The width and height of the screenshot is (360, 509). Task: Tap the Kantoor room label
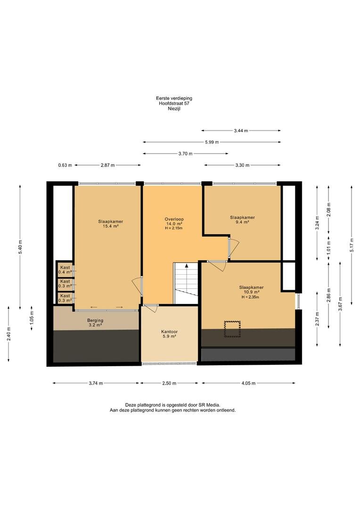pyautogui.click(x=169, y=334)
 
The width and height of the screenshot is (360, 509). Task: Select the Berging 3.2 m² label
pyautogui.click(x=96, y=322)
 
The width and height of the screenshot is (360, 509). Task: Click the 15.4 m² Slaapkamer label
pyautogui.click(x=110, y=224)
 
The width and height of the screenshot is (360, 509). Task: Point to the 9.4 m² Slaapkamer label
pyautogui.click(x=242, y=220)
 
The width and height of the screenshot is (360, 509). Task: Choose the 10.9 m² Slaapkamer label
pyautogui.click(x=251, y=289)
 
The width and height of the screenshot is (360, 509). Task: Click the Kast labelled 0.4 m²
pyautogui.click(x=65, y=270)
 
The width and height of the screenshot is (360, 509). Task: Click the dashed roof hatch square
pyautogui.click(x=232, y=329)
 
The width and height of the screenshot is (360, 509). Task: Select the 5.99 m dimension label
pyautogui.click(x=212, y=142)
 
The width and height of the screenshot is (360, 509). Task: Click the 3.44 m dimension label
pyautogui.click(x=241, y=131)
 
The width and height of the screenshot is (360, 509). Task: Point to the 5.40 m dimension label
pyautogui.click(x=20, y=246)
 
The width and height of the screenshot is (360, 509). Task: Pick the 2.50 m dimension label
pyautogui.click(x=169, y=383)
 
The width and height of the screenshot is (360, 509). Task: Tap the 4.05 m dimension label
pyautogui.click(x=248, y=383)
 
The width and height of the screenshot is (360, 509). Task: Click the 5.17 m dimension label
pyautogui.click(x=352, y=245)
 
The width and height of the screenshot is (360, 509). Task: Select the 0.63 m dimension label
pyautogui.click(x=65, y=165)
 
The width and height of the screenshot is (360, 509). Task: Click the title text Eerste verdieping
pyautogui.click(x=174, y=98)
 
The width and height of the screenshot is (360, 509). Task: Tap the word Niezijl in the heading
pyautogui.click(x=174, y=109)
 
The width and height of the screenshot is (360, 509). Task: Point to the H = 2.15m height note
pyautogui.click(x=174, y=228)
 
